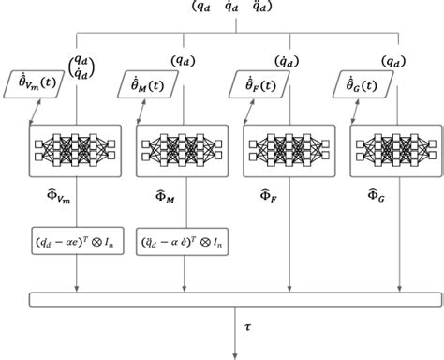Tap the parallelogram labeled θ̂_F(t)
click(x=256, y=86)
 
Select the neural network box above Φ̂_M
click(x=182, y=148)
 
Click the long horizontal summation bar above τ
click(x=234, y=298)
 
